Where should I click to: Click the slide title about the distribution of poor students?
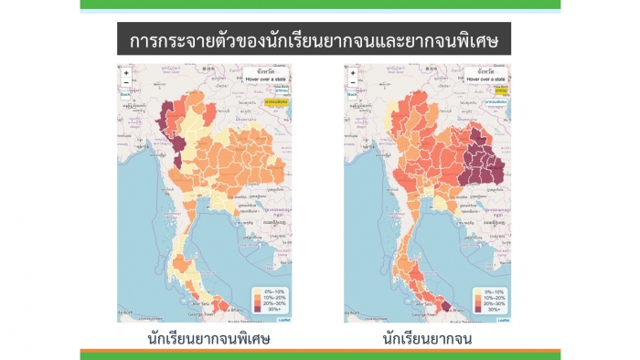pos(320,41)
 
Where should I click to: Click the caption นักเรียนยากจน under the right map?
pos(428,340)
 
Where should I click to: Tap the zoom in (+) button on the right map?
pos(353,72)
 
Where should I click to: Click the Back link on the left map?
pos(124,94)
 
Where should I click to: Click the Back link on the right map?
pos(352,94)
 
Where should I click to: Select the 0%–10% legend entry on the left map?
pos(272,291)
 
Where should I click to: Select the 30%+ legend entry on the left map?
pos(272,310)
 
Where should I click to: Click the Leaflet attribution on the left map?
pos(284,320)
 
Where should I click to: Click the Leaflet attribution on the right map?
pos(503,320)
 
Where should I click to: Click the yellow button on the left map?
pos(275,102)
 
